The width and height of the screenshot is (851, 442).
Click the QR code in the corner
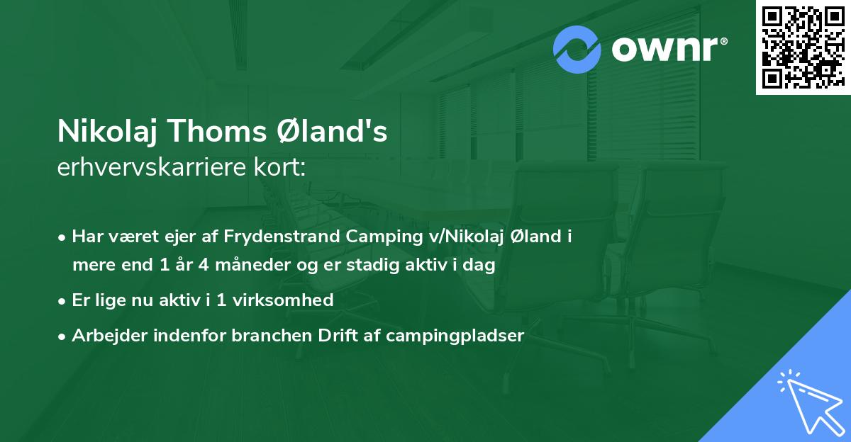point(803,47)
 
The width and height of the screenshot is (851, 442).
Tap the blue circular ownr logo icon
point(577,50)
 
